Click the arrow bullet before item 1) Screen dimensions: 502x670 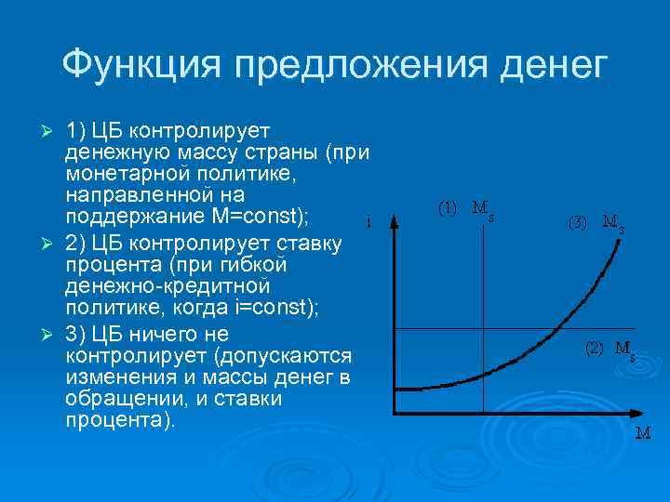[x=51, y=126]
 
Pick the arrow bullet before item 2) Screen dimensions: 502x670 [x=51, y=244]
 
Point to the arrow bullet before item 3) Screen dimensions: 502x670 [x=51, y=333]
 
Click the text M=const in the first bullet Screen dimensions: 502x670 [x=274, y=217]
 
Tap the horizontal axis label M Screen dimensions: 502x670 [x=642, y=433]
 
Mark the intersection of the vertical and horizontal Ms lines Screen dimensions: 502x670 [x=483, y=328]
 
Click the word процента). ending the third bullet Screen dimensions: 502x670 [x=120, y=420]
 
